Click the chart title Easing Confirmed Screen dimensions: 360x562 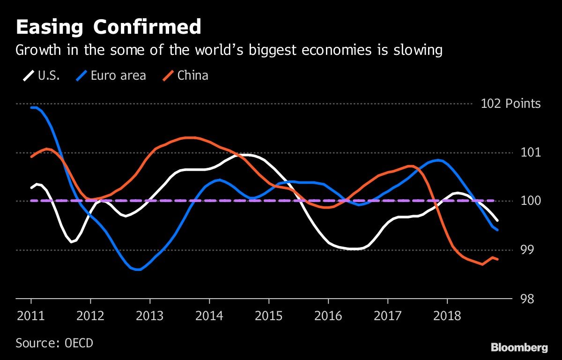(108, 27)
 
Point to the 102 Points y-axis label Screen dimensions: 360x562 (510, 104)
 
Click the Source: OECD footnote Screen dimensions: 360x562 (54, 343)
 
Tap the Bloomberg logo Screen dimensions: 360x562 (519, 347)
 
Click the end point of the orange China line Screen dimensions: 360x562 (497, 259)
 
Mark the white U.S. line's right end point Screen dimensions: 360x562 (497, 220)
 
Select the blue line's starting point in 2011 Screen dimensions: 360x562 (31, 108)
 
